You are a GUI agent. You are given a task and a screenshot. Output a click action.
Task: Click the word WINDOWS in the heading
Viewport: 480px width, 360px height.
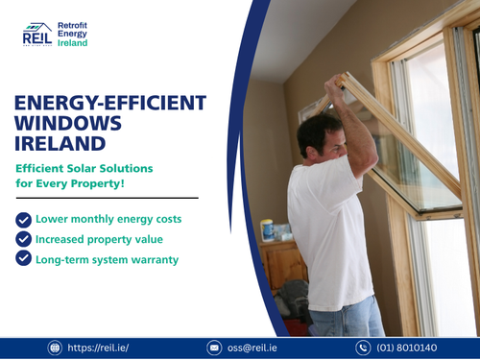(70, 125)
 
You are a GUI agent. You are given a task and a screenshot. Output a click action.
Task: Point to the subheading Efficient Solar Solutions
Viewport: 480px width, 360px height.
(84, 169)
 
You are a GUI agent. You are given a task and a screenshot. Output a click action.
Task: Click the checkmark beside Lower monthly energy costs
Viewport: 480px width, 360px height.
(24, 219)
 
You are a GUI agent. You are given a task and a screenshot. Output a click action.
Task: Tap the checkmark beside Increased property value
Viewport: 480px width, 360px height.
(24, 239)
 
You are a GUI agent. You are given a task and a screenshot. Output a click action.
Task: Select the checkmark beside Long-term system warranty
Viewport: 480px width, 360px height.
(24, 259)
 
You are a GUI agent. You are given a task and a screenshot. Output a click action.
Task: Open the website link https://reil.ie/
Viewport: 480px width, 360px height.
(102, 348)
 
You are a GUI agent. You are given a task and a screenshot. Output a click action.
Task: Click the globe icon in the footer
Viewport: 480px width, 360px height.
(55, 348)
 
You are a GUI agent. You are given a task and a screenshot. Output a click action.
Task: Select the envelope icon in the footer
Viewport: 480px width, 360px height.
(215, 348)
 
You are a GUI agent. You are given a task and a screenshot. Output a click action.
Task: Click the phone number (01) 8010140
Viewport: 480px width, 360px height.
(409, 348)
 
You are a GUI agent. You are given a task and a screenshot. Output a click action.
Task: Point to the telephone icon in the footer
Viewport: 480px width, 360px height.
(364, 348)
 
